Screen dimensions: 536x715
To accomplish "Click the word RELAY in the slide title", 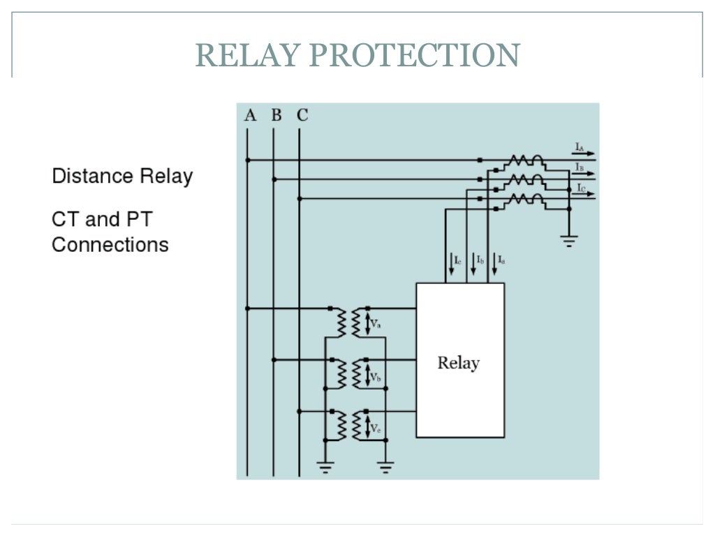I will pos(246,55).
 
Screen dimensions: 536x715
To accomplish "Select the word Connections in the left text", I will pos(110,245).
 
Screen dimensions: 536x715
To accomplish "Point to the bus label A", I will pos(250,115).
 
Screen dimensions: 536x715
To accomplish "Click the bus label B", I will pos(277,115).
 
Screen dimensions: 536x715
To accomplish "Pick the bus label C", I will pos(302,115).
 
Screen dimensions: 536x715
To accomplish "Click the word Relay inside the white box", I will pos(459,363).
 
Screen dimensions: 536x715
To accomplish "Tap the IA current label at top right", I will pos(580,147).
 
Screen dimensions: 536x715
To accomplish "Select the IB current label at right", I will pos(580,167).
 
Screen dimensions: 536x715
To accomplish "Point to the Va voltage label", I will pos(376,324).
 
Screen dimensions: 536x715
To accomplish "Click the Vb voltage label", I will pos(376,376).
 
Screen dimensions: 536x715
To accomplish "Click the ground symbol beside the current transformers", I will pos(569,241).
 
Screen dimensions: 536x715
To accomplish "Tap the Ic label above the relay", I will pos(457,261).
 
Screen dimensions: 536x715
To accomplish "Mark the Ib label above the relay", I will pos(480,261).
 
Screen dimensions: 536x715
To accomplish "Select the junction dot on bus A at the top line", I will pos(247,160).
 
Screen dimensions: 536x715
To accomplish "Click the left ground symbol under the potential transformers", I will pos(325,466).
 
